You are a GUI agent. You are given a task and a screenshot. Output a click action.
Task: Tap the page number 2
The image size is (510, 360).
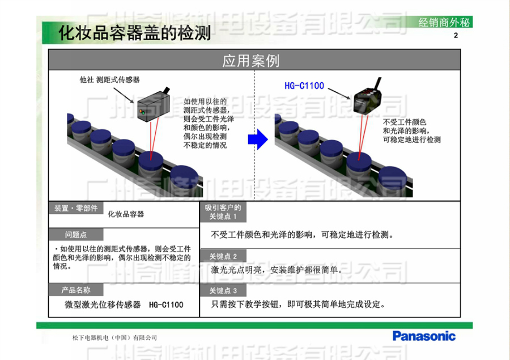pos(456,37)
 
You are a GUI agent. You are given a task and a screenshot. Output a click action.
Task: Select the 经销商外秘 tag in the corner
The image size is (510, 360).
pos(444,23)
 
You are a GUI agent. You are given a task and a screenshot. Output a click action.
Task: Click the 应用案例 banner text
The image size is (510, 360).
pos(250,61)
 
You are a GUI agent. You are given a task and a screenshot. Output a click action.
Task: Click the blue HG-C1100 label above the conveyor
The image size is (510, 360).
pos(304,86)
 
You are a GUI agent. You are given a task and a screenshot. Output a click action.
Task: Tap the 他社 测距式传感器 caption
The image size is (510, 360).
pos(109,80)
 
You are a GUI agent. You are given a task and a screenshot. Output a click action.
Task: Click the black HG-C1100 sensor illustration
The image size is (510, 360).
pos(369,102)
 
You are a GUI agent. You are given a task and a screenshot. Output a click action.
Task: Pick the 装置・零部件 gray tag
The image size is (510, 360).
pos(75,208)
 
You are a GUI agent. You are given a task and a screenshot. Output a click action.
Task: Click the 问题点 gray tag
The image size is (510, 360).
pos(75,235)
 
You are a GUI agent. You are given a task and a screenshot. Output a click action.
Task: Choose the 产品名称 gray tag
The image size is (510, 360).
pos(75,290)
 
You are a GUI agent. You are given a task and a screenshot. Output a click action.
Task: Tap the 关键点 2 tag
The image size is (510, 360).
pos(223,256)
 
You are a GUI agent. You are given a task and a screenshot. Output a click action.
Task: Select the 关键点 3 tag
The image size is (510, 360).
pos(223,291)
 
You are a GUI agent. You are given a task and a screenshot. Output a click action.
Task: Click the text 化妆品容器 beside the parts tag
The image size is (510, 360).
pos(126,214)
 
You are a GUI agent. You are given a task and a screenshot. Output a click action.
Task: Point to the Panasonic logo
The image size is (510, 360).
pos(424,336)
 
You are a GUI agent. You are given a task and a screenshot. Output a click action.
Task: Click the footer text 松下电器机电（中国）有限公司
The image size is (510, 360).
pos(114,338)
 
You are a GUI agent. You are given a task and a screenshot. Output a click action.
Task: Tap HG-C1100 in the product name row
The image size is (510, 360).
pos(166,305)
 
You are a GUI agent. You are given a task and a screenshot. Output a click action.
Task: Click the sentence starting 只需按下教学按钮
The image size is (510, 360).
pos(298,304)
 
